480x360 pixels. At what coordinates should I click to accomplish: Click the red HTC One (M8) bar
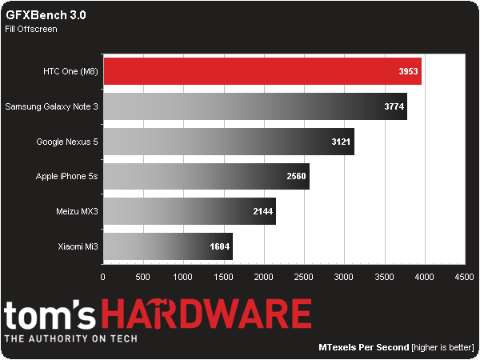(x=262, y=70)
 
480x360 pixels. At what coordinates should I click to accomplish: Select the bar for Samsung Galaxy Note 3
(x=254, y=106)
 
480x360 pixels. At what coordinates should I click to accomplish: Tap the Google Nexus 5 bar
(x=228, y=141)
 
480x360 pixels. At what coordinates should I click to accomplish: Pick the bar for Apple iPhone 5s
(x=206, y=176)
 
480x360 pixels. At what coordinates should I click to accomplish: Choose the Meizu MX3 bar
(x=189, y=211)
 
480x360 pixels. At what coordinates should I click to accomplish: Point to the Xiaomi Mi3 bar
(x=167, y=246)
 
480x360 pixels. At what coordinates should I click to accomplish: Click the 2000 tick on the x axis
(x=263, y=277)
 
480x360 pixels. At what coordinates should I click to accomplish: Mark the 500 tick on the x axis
(x=142, y=277)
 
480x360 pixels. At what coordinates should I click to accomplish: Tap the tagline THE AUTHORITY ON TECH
(x=70, y=338)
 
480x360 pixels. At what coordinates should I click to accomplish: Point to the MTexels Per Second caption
(x=362, y=348)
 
